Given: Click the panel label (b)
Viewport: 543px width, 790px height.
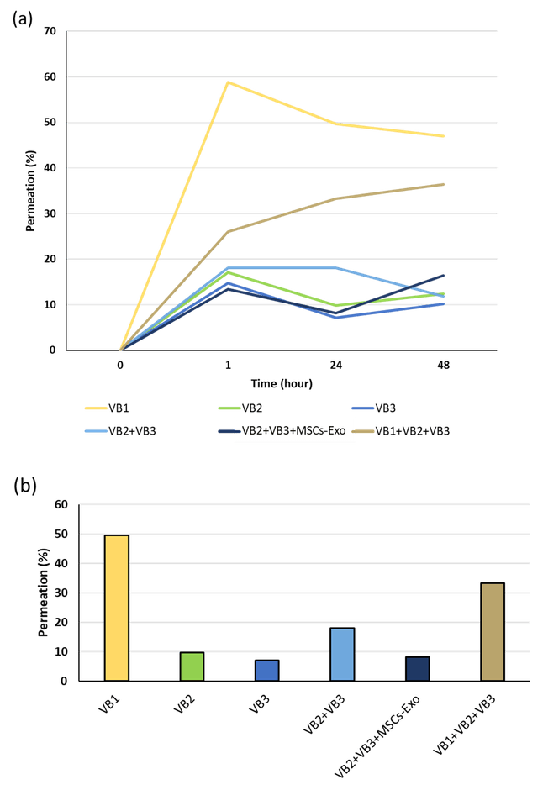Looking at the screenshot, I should (x=23, y=486).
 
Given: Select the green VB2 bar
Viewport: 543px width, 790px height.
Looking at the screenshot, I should (x=192, y=666).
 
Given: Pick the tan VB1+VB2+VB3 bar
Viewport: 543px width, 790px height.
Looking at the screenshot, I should (x=493, y=631).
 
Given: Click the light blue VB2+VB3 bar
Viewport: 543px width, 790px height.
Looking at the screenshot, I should (x=342, y=654).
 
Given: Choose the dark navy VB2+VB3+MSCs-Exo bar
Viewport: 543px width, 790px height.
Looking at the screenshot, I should (x=417, y=669).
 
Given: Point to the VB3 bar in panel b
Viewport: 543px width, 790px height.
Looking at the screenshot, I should (x=266, y=670).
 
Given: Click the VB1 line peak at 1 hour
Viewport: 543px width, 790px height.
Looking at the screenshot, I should (x=228, y=82).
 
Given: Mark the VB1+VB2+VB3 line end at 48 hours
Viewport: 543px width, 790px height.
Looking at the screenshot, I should (x=443, y=183).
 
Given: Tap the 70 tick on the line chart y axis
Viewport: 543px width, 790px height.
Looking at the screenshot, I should (x=50, y=31).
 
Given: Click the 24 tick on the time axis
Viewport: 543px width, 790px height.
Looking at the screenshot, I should (x=335, y=365).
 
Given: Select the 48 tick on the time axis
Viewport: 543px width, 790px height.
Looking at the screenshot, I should (x=443, y=365).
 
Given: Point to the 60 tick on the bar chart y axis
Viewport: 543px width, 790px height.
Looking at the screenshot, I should (x=61, y=504).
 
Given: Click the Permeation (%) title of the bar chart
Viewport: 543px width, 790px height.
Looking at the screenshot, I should (x=45, y=592).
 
